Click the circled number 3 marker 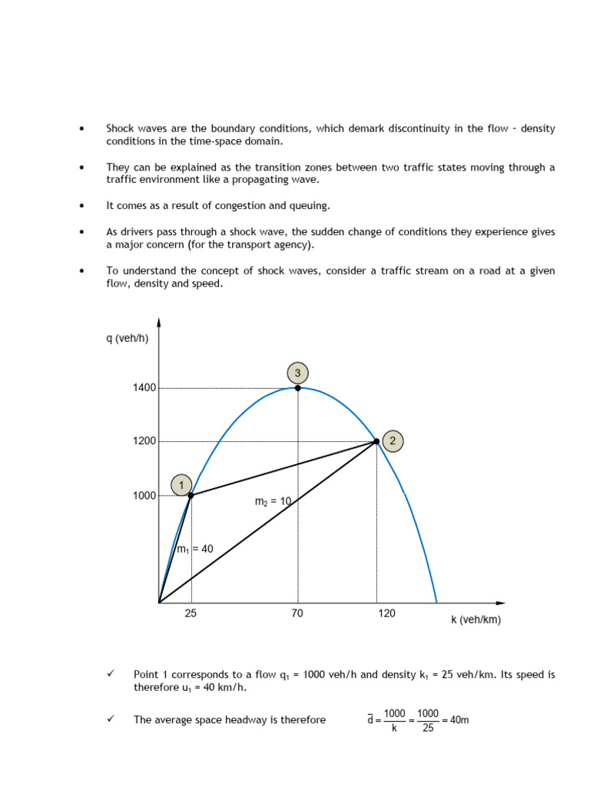(x=298, y=374)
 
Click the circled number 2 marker (x=393, y=441)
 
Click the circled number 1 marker (x=181, y=485)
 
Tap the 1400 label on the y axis (x=144, y=388)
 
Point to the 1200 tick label (x=144, y=442)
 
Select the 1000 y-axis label (x=144, y=496)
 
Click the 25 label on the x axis (x=191, y=613)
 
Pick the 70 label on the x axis (x=297, y=613)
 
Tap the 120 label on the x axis (x=386, y=613)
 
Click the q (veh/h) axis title (x=127, y=338)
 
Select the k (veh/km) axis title (x=476, y=619)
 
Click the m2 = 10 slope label (x=273, y=501)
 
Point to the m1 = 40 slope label (x=195, y=549)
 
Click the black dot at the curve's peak (x=298, y=388)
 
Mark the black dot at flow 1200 (x=376, y=441)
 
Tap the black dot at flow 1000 (x=191, y=496)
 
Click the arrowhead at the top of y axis (x=159, y=322)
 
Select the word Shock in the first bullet (x=119, y=128)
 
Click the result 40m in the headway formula (x=459, y=720)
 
